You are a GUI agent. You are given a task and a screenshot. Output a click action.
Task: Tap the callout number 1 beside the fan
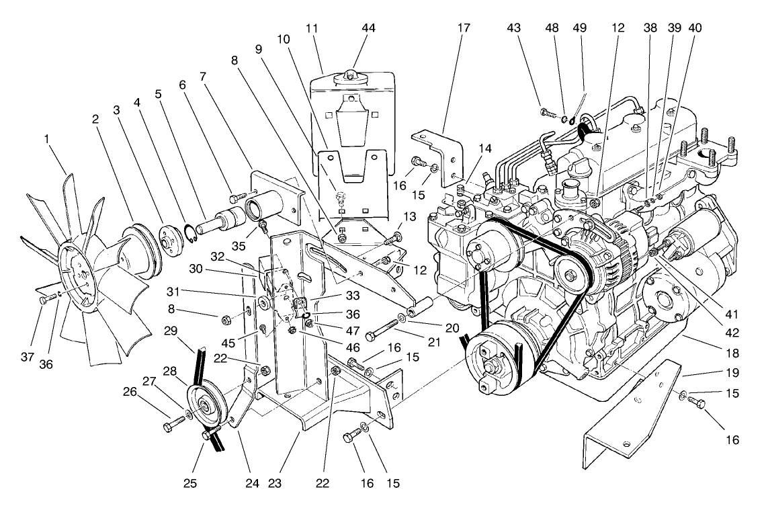click(46, 139)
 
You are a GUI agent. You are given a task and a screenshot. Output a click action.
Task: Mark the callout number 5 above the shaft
click(159, 95)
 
